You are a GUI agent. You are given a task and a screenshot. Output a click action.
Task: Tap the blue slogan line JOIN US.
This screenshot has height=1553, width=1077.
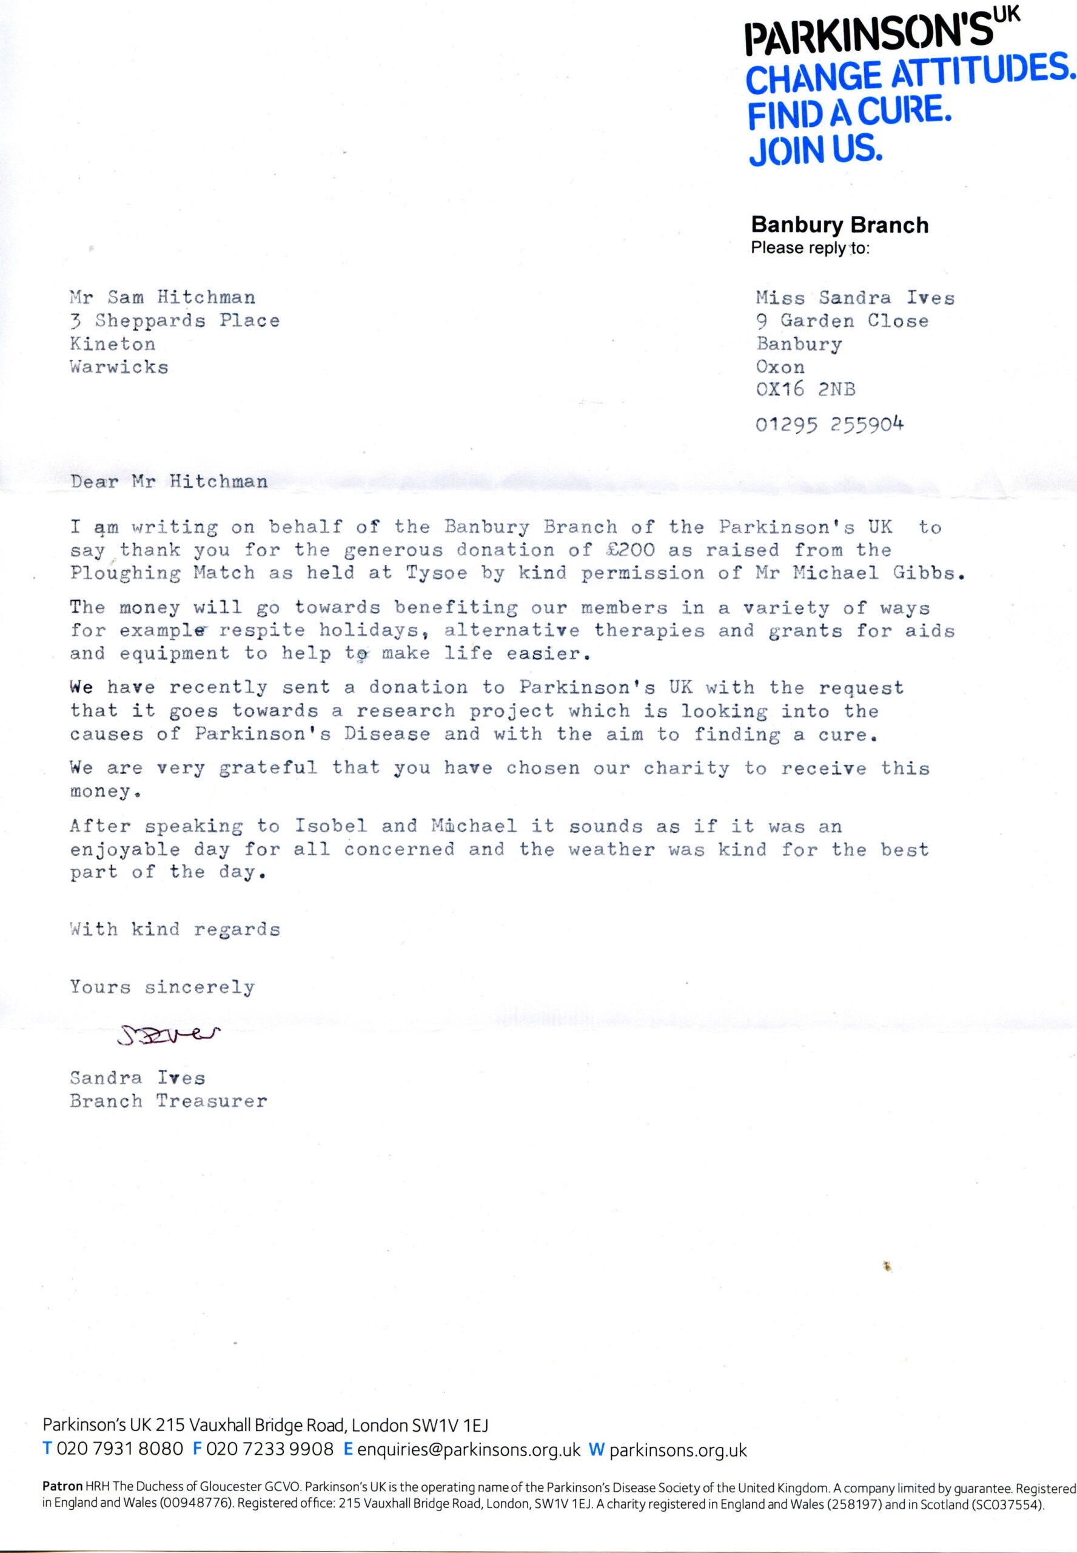[x=815, y=150]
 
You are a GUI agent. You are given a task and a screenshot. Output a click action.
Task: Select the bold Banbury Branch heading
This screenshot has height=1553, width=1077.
[x=839, y=224]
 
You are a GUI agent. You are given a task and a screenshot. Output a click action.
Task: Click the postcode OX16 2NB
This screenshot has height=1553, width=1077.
[x=805, y=389]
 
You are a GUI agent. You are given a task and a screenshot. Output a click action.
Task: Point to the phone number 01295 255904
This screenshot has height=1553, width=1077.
[x=828, y=425]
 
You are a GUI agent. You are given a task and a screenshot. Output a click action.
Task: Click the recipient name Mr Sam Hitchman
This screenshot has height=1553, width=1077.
[x=162, y=297]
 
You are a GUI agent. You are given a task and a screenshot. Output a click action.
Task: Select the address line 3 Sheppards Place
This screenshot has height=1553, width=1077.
[x=174, y=320]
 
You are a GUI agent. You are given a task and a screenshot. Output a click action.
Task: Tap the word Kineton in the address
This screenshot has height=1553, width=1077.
[x=112, y=344]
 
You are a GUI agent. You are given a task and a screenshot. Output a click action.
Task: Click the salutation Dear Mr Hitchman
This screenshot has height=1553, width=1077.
[x=169, y=481]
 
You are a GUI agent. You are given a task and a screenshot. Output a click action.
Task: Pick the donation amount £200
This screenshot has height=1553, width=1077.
[x=630, y=550]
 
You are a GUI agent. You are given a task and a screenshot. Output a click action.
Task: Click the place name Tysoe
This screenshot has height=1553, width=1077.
[x=436, y=574]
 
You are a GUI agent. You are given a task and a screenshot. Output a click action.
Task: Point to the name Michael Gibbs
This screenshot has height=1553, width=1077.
[x=878, y=573]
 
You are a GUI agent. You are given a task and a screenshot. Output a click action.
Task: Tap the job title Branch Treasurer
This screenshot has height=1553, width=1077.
[x=168, y=1101]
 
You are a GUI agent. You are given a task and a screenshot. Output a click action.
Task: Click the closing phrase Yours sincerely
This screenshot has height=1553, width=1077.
[x=162, y=988]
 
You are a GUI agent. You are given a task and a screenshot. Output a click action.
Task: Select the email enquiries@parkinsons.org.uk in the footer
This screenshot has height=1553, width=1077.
[x=468, y=1450]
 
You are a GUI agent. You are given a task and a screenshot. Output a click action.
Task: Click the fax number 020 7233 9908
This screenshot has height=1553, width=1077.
[x=269, y=1450]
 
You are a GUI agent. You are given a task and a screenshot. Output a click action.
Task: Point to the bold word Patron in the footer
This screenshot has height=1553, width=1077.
[x=62, y=1486]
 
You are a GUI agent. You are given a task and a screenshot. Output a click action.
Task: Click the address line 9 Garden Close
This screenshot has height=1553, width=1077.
[x=842, y=320]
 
